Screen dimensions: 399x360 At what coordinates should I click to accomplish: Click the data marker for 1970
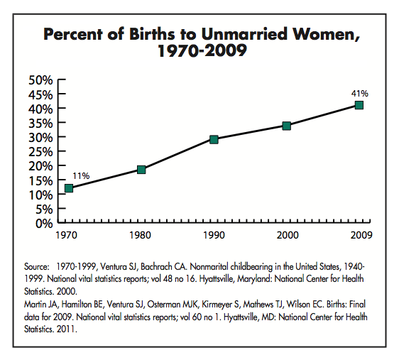point(69,188)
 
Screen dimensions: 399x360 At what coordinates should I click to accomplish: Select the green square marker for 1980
point(141,170)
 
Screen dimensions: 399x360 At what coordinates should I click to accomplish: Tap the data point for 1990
point(214,139)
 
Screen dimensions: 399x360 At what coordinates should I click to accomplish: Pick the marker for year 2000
point(287,126)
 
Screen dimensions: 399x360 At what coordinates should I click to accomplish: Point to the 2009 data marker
point(359,105)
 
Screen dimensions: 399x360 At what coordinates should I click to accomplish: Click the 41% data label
point(360,94)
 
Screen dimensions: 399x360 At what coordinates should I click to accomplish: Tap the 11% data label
point(81,176)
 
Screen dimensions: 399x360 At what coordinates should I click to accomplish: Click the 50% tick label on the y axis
point(40,80)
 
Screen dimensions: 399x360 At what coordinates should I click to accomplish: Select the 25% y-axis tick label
point(40,152)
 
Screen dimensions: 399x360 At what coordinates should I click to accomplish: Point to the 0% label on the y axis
point(44,224)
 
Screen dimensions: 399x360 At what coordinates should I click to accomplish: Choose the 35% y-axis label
point(40,124)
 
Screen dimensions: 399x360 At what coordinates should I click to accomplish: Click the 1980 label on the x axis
point(140,235)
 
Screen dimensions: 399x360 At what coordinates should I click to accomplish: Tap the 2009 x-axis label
point(361,235)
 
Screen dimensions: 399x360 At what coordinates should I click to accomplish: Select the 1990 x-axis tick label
point(214,235)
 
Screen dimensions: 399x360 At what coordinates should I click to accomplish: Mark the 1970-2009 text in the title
point(202,50)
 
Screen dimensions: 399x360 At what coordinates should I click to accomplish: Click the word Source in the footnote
point(36,267)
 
